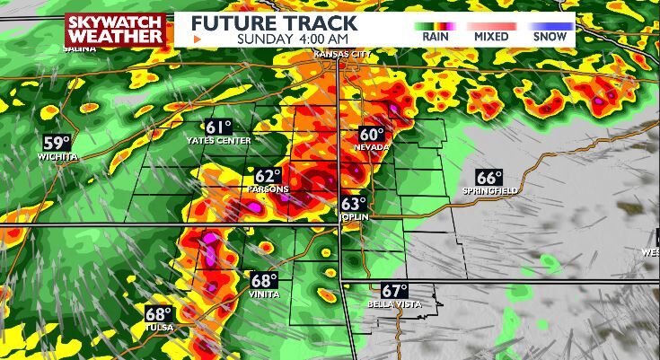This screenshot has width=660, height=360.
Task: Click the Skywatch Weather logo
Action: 116,30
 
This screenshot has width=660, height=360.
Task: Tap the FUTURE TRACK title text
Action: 275,22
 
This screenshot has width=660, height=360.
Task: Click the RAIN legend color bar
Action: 436,26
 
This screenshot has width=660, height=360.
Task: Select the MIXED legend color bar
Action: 491,26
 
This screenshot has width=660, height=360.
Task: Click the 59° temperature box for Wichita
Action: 57,143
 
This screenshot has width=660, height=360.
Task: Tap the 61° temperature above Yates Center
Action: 218,127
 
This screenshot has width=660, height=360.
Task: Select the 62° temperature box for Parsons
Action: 267,176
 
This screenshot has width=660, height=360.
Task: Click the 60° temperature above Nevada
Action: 372,133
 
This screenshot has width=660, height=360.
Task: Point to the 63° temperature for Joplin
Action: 353,204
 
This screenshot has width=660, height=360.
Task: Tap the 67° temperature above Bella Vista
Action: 394,291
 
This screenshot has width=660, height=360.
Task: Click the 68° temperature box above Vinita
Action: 263,280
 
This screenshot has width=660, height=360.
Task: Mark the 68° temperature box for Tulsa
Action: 158,313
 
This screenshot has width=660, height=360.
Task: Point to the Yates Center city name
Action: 218,141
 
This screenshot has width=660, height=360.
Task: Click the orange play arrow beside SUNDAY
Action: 198,40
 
